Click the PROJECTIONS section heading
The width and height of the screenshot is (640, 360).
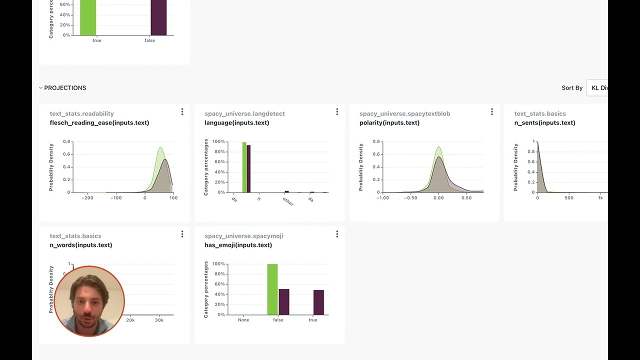click(65, 88)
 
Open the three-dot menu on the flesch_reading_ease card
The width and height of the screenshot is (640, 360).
click(182, 112)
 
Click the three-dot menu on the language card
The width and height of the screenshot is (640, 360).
click(337, 112)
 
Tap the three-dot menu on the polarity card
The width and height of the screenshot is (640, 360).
click(492, 112)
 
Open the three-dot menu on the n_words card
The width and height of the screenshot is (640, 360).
click(182, 234)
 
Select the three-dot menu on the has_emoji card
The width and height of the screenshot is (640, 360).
click(337, 234)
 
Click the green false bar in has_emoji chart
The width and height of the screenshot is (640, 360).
click(272, 289)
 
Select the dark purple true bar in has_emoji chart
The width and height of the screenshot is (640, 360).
click(318, 302)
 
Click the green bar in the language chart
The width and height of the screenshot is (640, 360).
click(244, 167)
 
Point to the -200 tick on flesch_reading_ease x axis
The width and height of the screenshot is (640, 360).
click(87, 198)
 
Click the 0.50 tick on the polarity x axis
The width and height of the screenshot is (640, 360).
click(466, 198)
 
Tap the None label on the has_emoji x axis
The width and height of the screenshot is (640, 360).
click(243, 320)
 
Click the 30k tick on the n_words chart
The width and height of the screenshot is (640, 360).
click(159, 320)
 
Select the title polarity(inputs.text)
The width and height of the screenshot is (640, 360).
click(389, 123)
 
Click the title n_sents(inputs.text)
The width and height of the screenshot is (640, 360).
click(544, 123)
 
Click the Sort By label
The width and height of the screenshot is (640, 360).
click(572, 88)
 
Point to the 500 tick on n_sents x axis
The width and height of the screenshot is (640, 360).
click(569, 198)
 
